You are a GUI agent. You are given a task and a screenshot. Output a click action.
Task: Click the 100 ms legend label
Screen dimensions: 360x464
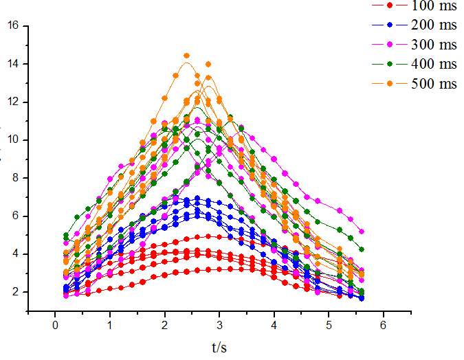pyautogui.click(x=434, y=5)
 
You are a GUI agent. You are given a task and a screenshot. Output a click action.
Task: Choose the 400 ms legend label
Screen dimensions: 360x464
pyautogui.click(x=434, y=64)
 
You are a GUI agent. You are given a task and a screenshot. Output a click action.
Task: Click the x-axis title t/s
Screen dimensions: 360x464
pyautogui.click(x=219, y=348)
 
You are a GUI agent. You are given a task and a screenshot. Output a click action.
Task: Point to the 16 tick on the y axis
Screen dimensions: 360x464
pyautogui.click(x=14, y=26)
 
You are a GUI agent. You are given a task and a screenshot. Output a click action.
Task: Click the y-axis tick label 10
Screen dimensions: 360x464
pyautogui.click(x=14, y=140)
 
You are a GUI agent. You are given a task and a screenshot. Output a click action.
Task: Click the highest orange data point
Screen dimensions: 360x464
pyautogui.click(x=186, y=56)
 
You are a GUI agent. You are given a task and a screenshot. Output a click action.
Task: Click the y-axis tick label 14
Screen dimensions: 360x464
pyautogui.click(x=14, y=64)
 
